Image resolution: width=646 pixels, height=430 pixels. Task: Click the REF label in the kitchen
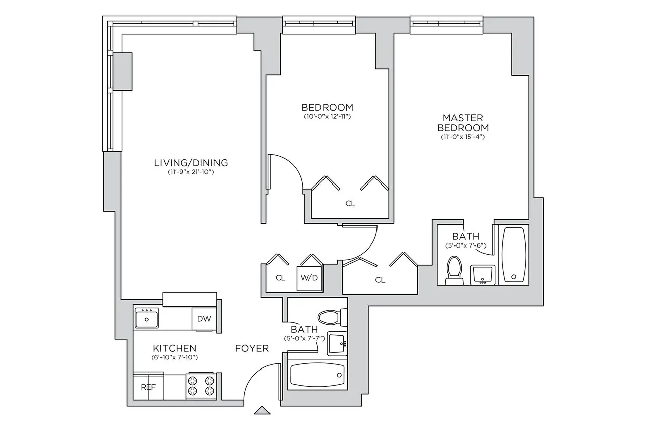[x=148, y=388]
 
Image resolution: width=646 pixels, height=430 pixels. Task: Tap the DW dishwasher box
[x=204, y=319]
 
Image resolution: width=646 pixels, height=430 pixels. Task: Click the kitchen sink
[x=147, y=319]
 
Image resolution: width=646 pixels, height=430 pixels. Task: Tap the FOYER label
[x=252, y=348]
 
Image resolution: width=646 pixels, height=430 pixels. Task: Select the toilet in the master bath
[x=454, y=270]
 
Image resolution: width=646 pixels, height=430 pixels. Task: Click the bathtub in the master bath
[x=514, y=255]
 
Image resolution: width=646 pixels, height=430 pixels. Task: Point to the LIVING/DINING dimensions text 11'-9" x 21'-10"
[x=191, y=172]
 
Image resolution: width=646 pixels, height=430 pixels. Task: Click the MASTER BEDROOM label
[x=463, y=122]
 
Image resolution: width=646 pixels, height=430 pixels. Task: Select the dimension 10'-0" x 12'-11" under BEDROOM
[x=327, y=117]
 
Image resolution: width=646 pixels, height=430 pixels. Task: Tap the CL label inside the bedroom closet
[x=350, y=204]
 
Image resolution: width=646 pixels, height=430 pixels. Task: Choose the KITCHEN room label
[x=175, y=348]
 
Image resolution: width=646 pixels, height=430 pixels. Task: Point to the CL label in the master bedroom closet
[x=380, y=280]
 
